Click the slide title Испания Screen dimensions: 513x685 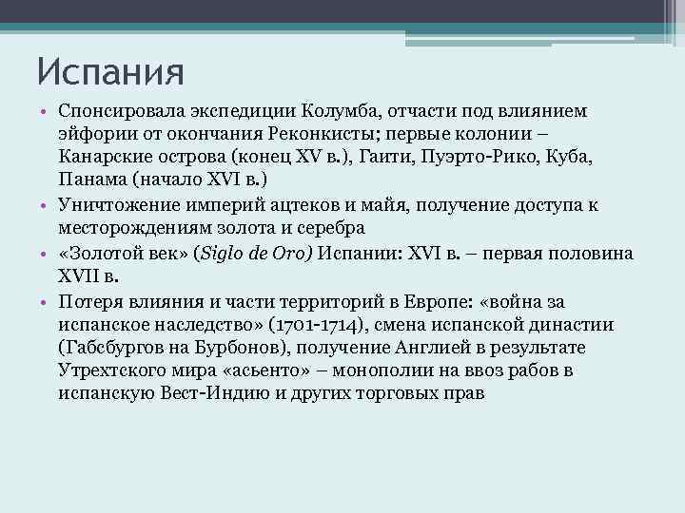pos(110,69)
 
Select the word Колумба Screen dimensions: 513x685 pos(345,113)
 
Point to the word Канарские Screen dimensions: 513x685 pos(103,156)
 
